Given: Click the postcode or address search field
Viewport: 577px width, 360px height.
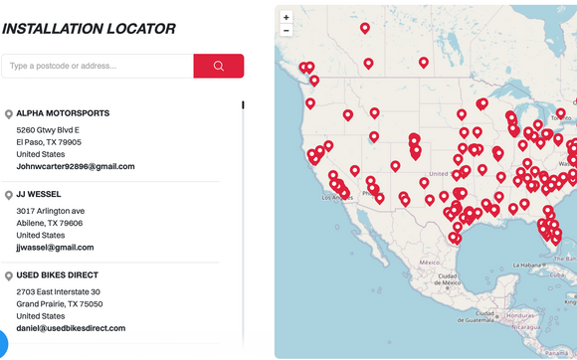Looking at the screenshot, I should click(x=97, y=67).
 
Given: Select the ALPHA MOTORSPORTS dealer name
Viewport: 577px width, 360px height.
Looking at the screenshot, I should click(x=63, y=113).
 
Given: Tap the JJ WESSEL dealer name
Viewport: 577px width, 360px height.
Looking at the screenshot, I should click(x=39, y=194).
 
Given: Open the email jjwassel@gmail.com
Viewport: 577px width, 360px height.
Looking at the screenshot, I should click(x=55, y=247).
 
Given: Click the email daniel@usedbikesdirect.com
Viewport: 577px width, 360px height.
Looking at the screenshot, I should click(x=71, y=327).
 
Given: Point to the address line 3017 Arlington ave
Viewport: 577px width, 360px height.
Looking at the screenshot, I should click(x=51, y=211).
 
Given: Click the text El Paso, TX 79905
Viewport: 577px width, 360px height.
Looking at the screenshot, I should click(x=49, y=142).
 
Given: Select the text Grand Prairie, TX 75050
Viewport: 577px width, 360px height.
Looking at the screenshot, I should click(x=59, y=303).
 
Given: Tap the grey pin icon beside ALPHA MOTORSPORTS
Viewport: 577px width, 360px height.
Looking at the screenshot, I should click(x=9, y=114).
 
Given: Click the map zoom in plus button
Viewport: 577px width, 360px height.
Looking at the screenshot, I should click(x=287, y=17).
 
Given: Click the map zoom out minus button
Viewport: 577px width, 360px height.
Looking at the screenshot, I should click(x=287, y=30).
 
